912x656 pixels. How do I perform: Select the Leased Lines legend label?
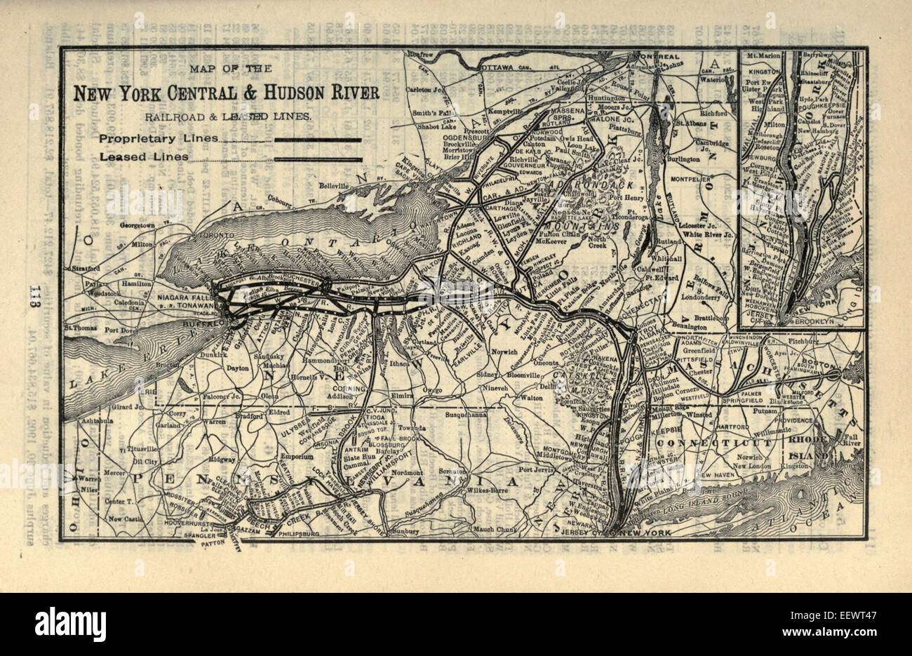144,157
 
